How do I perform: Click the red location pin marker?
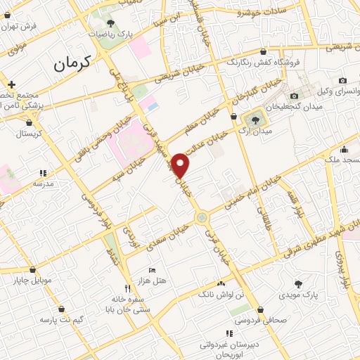click(181, 165)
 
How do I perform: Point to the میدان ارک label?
click(257, 131)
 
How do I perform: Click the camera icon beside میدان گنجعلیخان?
click(294, 96)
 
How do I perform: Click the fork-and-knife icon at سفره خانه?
click(127, 288)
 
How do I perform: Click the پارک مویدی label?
click(304, 294)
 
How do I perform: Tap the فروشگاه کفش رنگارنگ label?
click(263, 61)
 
